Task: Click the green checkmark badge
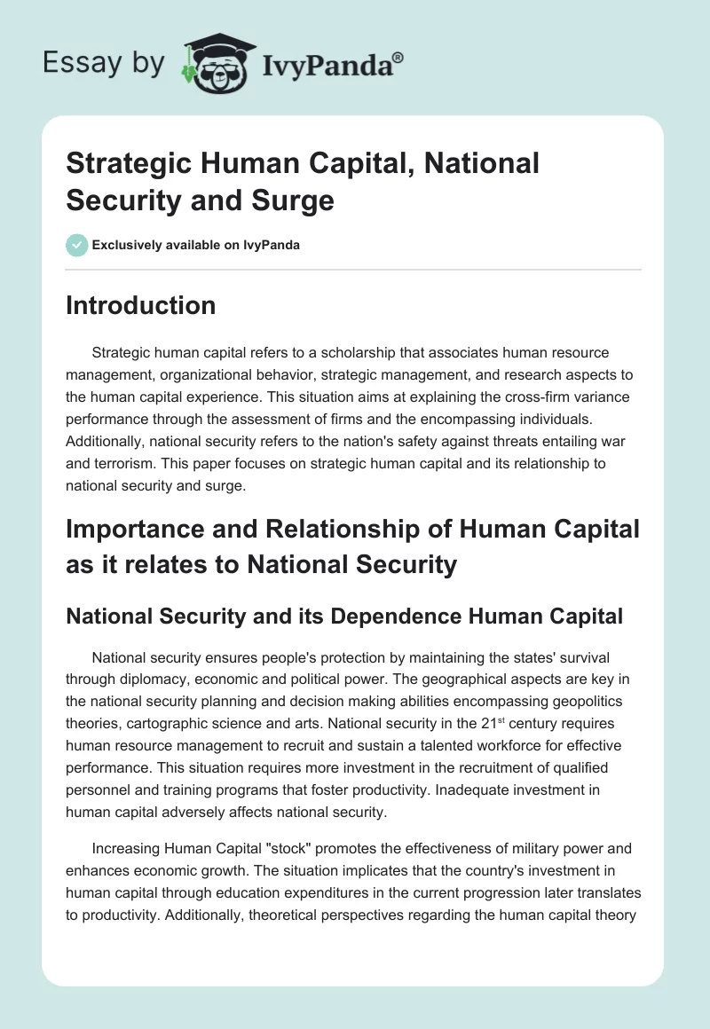pyautogui.click(x=76, y=245)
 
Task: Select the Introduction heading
pyautogui.click(x=140, y=305)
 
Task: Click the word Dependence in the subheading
pyautogui.click(x=395, y=617)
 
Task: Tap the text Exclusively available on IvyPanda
pyautogui.click(x=197, y=245)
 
